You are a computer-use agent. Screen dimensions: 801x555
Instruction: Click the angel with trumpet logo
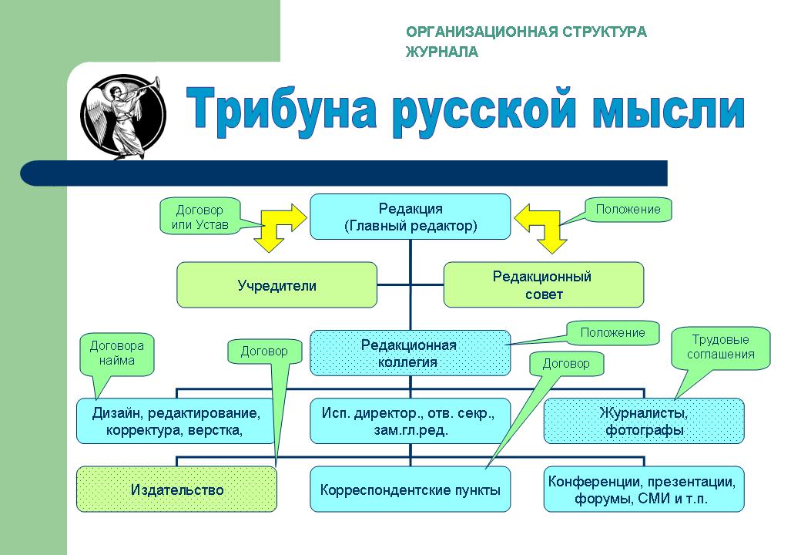tap(123, 116)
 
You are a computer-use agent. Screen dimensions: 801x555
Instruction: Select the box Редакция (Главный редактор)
tap(411, 217)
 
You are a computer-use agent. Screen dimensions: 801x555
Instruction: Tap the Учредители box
tap(276, 285)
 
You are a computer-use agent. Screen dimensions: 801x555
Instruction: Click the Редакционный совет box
tap(544, 285)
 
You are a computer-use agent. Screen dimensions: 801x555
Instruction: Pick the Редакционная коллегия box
tap(411, 353)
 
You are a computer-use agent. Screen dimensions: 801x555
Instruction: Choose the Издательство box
tap(176, 489)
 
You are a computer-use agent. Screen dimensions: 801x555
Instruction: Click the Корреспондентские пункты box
tap(411, 489)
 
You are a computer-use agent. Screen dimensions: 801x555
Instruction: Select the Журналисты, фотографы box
tap(644, 421)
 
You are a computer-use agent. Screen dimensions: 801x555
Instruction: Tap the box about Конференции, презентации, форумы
tap(644, 489)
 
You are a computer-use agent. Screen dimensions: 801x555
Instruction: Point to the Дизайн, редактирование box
tap(176, 421)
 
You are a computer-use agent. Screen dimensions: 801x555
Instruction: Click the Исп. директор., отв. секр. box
tap(411, 421)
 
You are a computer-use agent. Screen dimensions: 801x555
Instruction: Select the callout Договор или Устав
tap(199, 217)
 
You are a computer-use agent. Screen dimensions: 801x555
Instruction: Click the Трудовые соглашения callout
tap(720, 348)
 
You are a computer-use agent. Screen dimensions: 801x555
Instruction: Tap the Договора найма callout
tap(117, 354)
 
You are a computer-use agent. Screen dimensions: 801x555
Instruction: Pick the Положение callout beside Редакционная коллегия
tap(612, 333)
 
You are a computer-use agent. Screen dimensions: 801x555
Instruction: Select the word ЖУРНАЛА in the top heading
tap(442, 52)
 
